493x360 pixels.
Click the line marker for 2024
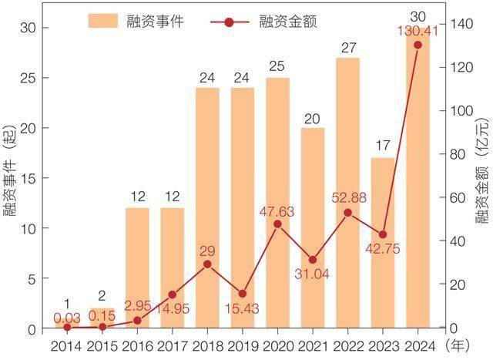[x=418, y=45]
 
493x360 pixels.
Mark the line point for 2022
[x=348, y=213]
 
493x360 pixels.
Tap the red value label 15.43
[x=243, y=308]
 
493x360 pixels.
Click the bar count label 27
[x=348, y=48]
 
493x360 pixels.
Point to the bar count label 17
[x=383, y=146]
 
